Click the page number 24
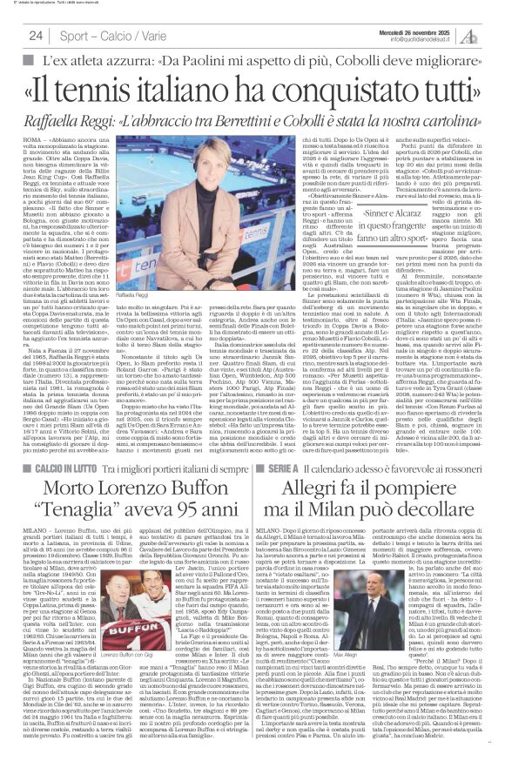tap(37, 34)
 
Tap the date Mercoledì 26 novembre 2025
tap(411, 24)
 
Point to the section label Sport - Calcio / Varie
tap(107, 34)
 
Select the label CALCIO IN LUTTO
tap(55, 492)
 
